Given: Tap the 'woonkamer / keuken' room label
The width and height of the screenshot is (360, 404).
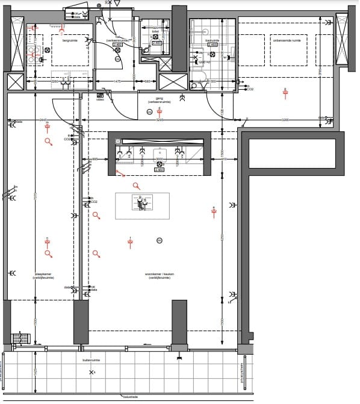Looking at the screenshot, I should point(160,276).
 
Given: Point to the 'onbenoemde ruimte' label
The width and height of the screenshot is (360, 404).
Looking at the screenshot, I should point(288,41).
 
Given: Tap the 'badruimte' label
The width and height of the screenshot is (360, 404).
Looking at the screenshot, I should point(212,41).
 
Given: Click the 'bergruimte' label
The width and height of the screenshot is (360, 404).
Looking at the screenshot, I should point(70,41).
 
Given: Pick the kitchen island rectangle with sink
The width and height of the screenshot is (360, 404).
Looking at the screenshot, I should point(143,206).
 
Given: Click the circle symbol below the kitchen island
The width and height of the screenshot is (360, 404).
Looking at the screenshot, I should point(159,241).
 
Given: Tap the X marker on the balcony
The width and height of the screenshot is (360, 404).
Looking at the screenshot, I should point(92,373).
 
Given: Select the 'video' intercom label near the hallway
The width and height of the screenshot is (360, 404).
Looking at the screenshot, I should point(100,99).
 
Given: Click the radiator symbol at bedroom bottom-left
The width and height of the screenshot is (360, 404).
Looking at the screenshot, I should point(20,338).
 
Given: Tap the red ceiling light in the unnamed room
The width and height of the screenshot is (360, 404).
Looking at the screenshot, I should point(285,92).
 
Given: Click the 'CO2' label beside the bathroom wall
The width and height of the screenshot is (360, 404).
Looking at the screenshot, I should point(250,89).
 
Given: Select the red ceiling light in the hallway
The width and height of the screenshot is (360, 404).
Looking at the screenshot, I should point(160,111).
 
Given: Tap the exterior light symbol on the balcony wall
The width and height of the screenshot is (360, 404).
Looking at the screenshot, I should point(179,359).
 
